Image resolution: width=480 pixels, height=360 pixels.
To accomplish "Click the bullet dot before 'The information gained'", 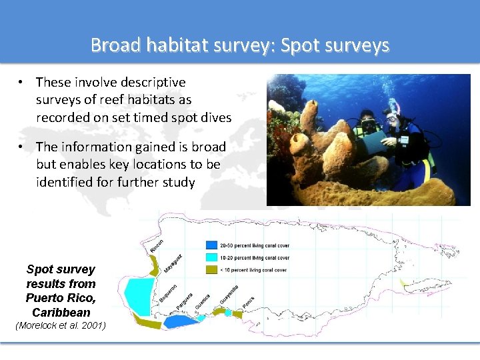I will click(23, 147).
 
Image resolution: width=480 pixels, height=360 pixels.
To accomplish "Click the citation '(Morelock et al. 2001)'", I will click(60, 325).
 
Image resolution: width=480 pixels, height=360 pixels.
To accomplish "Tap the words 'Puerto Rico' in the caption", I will click(60, 297).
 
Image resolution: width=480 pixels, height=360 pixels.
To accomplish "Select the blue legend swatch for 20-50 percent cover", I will click(211, 245).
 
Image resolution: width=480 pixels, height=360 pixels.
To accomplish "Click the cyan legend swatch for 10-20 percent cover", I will click(211, 257).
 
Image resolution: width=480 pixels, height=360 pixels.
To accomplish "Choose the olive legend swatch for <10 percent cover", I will click(211, 270).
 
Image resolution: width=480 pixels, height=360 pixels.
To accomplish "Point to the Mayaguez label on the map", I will click(173, 265).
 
